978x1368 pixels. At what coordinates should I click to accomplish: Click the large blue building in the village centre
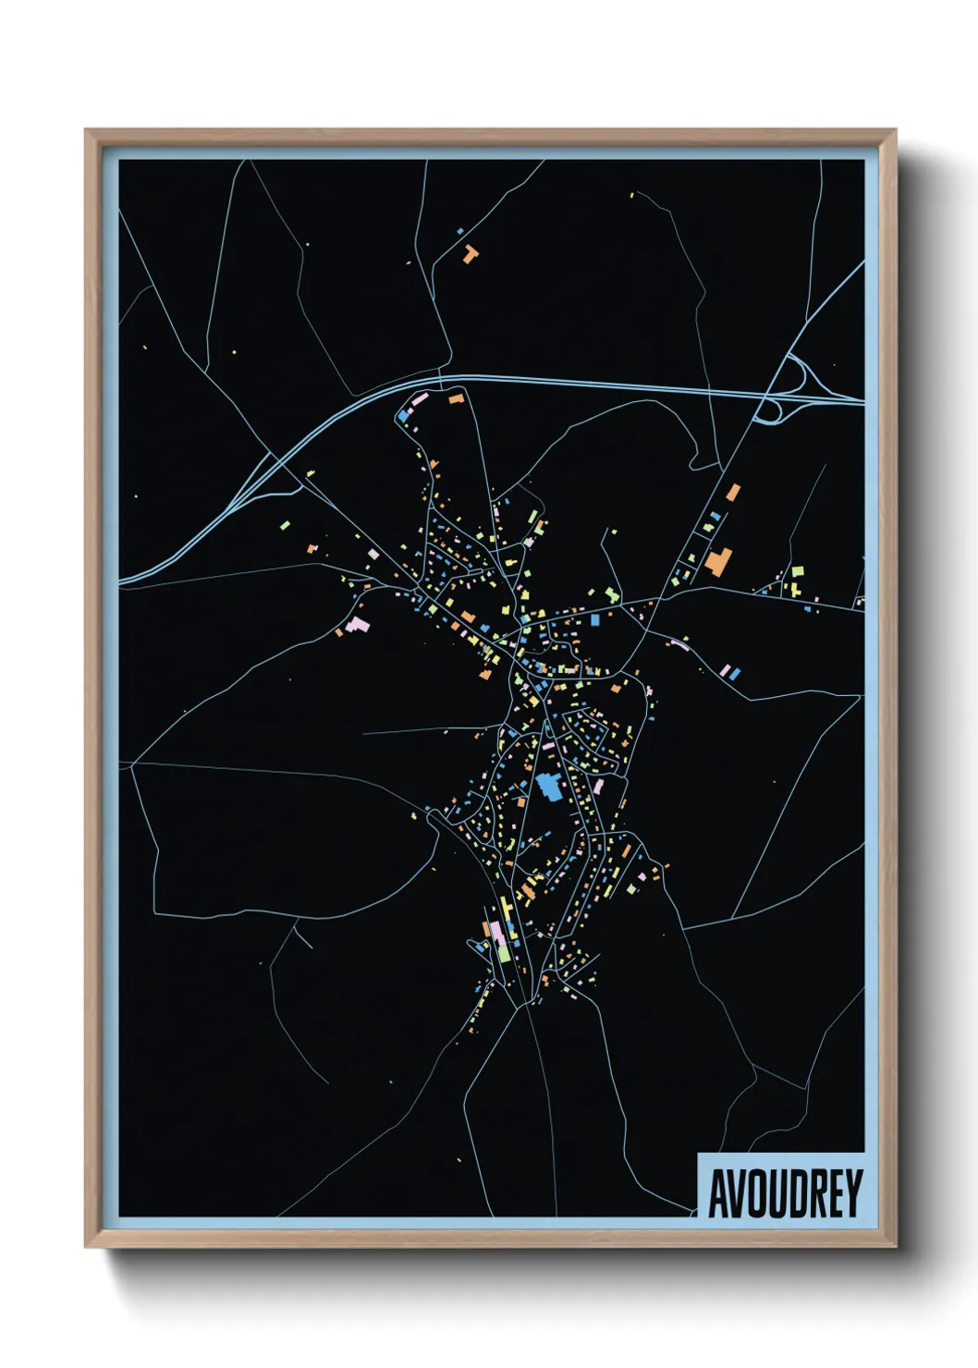tap(548, 788)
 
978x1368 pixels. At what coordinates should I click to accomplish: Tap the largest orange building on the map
tap(718, 560)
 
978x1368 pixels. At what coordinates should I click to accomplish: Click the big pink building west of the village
tap(358, 625)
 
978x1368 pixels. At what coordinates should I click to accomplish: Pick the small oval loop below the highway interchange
tap(766, 413)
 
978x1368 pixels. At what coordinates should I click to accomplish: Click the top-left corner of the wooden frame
tap(87, 131)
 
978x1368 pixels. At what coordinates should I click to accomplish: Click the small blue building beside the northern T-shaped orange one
tap(459, 230)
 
